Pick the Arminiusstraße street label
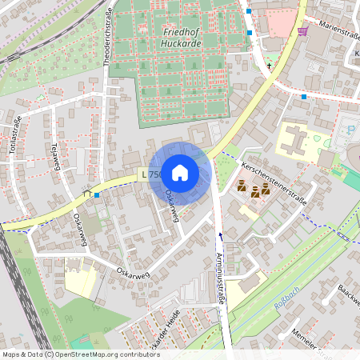tap(220, 276)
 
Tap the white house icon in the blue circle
tap(180, 172)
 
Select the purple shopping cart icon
tap(303, 31)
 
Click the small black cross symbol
tap(270, 65)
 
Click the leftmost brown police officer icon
tap(242, 186)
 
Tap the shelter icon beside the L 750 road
tap(86, 193)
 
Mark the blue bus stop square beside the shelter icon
tap(97, 194)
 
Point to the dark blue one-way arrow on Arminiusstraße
tap(222, 236)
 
